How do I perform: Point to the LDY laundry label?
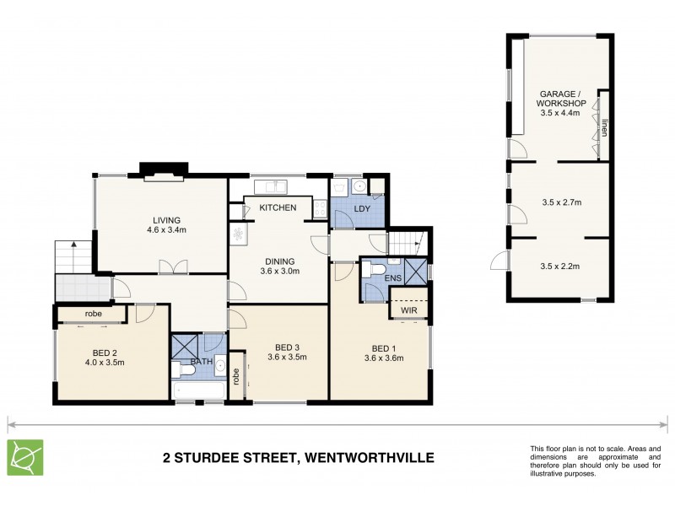click(x=361, y=207)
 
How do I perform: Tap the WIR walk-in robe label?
click(x=408, y=310)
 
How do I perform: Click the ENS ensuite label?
click(x=392, y=277)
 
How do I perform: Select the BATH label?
click(x=200, y=361)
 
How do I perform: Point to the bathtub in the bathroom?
click(x=199, y=390)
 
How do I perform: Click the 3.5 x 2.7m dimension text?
click(x=561, y=202)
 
